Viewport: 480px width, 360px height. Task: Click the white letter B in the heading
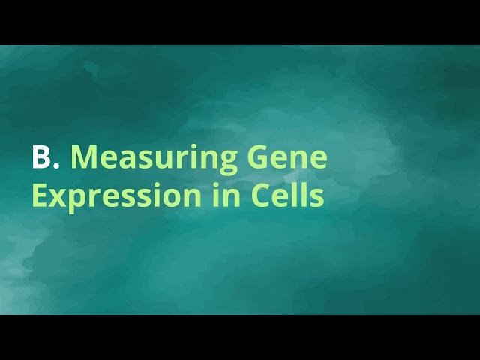point(40,158)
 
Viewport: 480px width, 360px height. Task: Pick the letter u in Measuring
point(161,161)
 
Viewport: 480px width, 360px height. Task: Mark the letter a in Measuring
point(126,161)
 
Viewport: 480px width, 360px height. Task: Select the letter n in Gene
point(299,161)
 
